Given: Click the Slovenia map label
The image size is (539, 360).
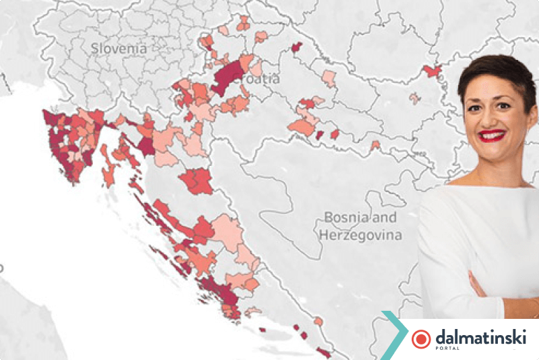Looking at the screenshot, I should tap(119, 49).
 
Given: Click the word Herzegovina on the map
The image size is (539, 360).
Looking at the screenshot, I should tap(360, 235).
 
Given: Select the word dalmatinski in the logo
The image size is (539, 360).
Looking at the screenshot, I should tap(480, 336).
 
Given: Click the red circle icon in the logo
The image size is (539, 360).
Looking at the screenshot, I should tap(421, 338).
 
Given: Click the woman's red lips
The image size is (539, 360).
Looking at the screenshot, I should tap(492, 136).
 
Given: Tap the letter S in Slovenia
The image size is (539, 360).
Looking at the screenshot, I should tap(95, 49).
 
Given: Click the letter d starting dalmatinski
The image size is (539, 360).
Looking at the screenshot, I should tap(441, 336).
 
